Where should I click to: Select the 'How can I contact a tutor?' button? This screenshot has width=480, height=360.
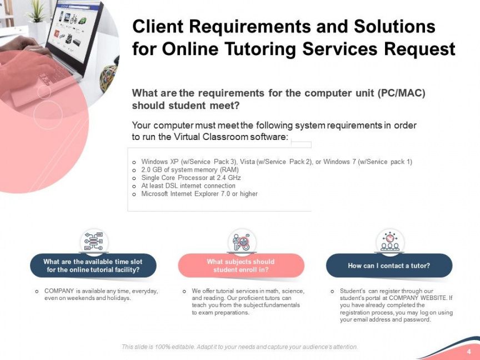pyautogui.click(x=389, y=266)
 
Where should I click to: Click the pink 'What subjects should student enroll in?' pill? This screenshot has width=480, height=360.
pyautogui.click(x=241, y=266)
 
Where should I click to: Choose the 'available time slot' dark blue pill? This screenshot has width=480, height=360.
pyautogui.click(x=93, y=266)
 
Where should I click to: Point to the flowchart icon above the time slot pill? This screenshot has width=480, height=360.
pyautogui.click(x=94, y=242)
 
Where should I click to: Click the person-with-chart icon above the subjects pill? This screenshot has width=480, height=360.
pyautogui.click(x=242, y=242)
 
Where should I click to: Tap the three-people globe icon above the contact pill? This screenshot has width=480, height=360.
pyautogui.click(x=389, y=242)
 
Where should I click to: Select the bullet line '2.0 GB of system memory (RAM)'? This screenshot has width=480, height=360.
pyautogui.click(x=190, y=169)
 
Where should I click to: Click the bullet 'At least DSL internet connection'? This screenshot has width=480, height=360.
pyautogui.click(x=188, y=186)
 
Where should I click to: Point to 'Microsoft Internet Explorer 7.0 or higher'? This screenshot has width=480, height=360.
pyautogui.click(x=199, y=194)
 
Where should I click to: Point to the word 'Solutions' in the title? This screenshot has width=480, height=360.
pyautogui.click(x=394, y=26)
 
